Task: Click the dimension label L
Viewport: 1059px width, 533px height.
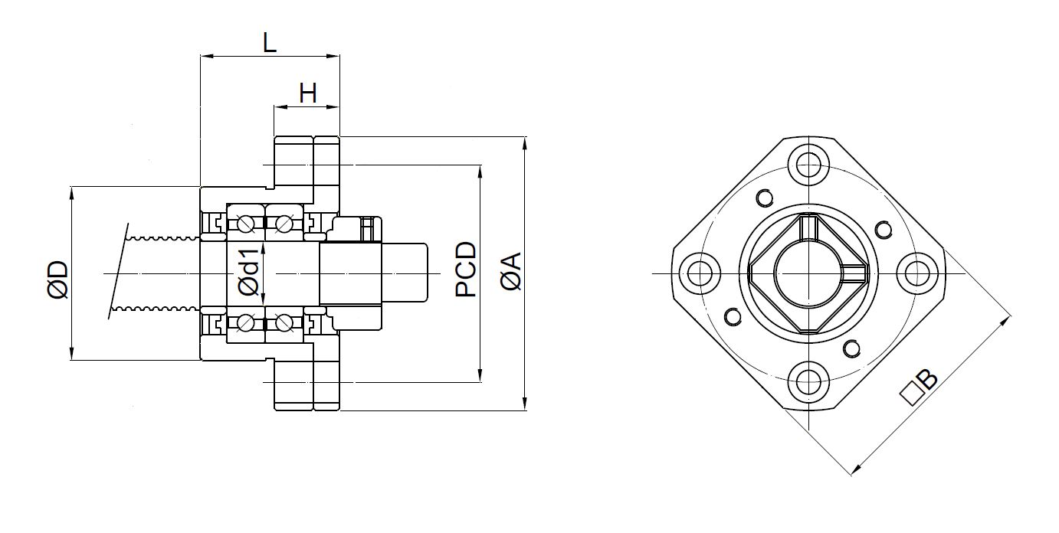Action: click(x=269, y=43)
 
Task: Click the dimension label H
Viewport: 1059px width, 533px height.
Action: click(x=307, y=94)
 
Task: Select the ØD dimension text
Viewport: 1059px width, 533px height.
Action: click(x=58, y=279)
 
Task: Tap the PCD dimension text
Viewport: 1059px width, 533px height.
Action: click(x=465, y=270)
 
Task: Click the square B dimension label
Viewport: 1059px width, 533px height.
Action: click(x=918, y=387)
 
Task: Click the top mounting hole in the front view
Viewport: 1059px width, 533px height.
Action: click(x=807, y=165)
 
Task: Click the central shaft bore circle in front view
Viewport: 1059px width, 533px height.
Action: click(x=807, y=273)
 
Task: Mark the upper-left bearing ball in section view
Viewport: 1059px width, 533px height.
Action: click(x=246, y=224)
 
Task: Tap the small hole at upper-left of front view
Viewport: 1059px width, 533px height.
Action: click(x=764, y=198)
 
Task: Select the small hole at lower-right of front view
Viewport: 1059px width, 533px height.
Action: click(x=851, y=349)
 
